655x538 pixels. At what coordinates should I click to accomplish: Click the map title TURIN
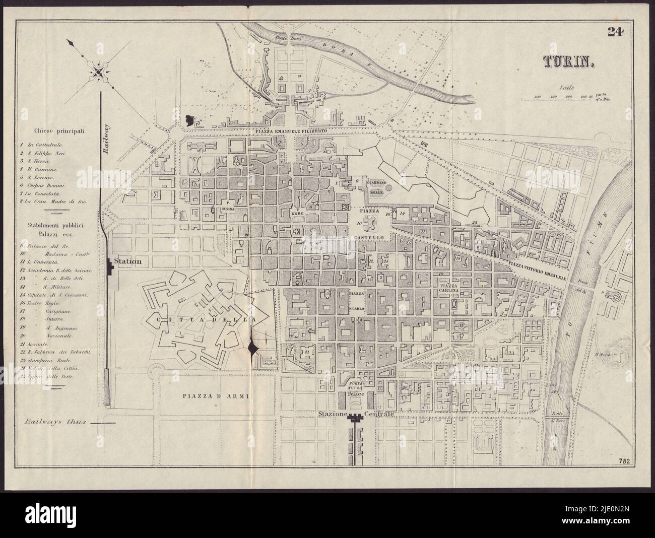pyautogui.click(x=569, y=61)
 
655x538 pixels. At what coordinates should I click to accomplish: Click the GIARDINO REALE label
pyautogui.click(x=377, y=186)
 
